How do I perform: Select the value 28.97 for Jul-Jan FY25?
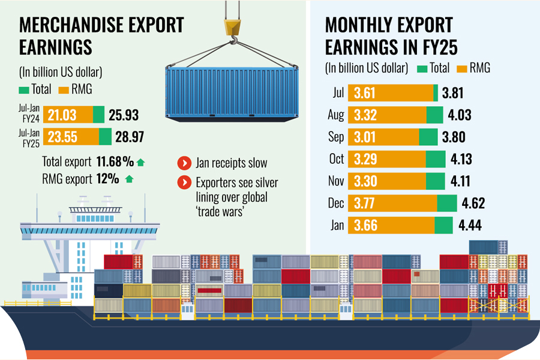click(130, 137)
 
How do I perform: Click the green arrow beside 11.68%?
click(140, 162)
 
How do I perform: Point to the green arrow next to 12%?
click(129, 178)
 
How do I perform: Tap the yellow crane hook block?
click(232, 26)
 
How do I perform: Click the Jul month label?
click(337, 93)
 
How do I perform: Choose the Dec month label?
click(336, 203)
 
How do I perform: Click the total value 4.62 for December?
click(472, 203)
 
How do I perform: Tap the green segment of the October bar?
click(435, 159)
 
